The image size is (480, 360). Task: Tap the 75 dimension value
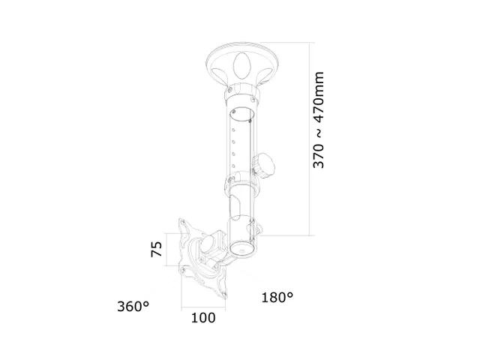[157, 249]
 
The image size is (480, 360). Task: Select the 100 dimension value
[202, 317]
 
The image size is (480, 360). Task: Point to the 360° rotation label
[133, 306]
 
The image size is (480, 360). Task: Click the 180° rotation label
[277, 298]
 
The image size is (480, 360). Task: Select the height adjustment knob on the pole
[266, 164]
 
